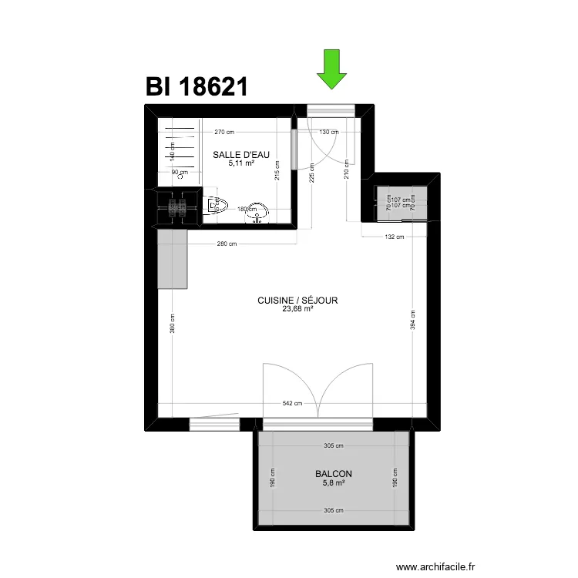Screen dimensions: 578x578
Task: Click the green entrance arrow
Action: click(331, 68)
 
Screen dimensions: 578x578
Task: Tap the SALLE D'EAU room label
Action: click(241, 155)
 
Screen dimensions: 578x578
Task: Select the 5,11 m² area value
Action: click(241, 163)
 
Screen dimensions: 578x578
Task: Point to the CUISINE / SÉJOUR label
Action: click(298, 301)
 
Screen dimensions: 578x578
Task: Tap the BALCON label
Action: click(334, 474)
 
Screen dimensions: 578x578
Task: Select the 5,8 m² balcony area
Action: click(334, 483)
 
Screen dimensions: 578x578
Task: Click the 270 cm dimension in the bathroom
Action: click(223, 132)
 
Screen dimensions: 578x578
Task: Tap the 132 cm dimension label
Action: click(395, 237)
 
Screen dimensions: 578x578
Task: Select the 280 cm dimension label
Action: click(227, 244)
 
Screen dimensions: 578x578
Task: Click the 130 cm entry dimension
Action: click(329, 132)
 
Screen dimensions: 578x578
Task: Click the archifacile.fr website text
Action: click(435, 567)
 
